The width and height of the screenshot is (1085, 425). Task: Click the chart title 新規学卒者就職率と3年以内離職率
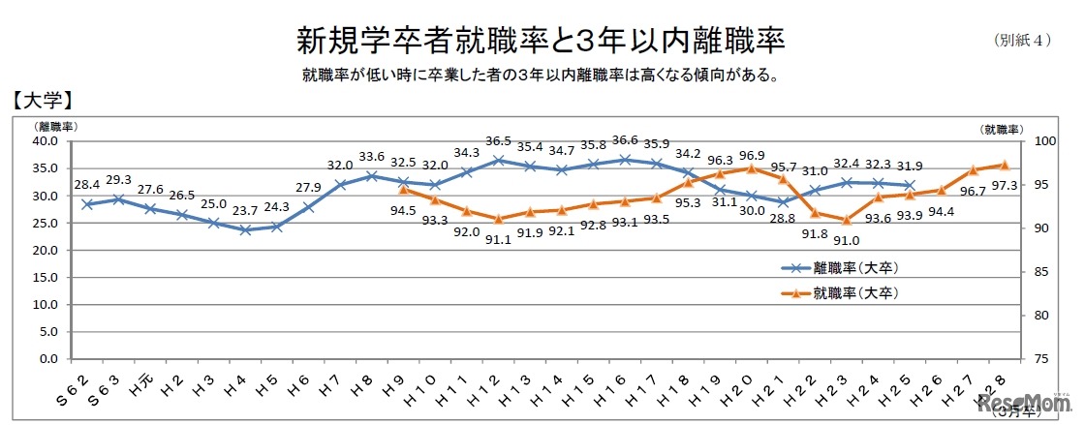click(x=540, y=41)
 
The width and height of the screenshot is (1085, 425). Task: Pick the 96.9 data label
click(x=751, y=153)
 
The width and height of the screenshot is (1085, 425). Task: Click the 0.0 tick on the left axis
click(x=49, y=359)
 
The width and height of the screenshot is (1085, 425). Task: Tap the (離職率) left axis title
click(x=57, y=126)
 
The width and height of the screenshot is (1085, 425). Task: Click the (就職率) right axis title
click(x=1001, y=128)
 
